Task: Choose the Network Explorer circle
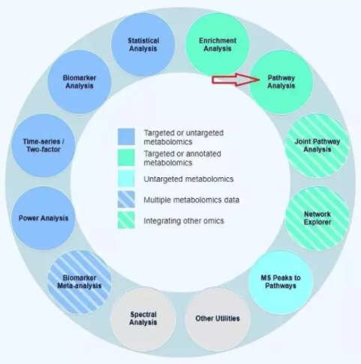coord(317,218)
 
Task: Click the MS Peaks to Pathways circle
coord(280,281)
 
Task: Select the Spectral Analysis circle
coord(143,318)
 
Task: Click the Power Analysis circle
coord(44,218)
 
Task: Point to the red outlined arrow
coord(232,80)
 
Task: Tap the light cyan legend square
coord(126,178)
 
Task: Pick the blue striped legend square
coord(126,199)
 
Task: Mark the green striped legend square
coord(126,220)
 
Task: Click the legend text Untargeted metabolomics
coord(182,178)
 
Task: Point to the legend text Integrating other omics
coord(182,220)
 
